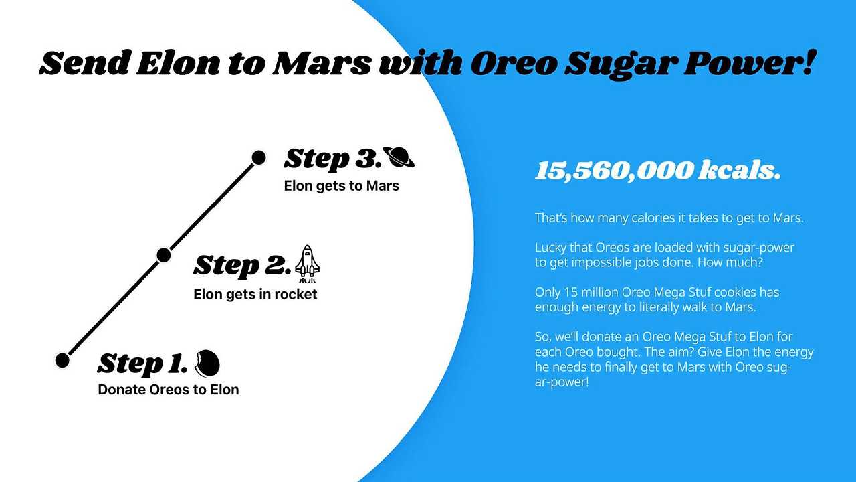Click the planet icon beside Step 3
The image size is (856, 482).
tap(399, 158)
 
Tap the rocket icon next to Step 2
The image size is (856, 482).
tap(307, 261)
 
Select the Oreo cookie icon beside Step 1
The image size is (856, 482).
tap(207, 363)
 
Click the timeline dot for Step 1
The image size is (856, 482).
tap(62, 360)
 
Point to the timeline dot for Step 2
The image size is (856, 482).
tap(163, 255)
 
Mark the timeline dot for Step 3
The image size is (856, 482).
tap(258, 158)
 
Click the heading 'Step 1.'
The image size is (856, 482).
tap(142, 364)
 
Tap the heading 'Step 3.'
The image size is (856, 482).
tap(331, 159)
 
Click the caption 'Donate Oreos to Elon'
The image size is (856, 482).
tap(169, 390)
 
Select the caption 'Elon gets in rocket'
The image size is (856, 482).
tap(255, 294)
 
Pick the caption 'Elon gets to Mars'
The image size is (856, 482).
tap(342, 186)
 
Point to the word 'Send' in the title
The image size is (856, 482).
tap(83, 64)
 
